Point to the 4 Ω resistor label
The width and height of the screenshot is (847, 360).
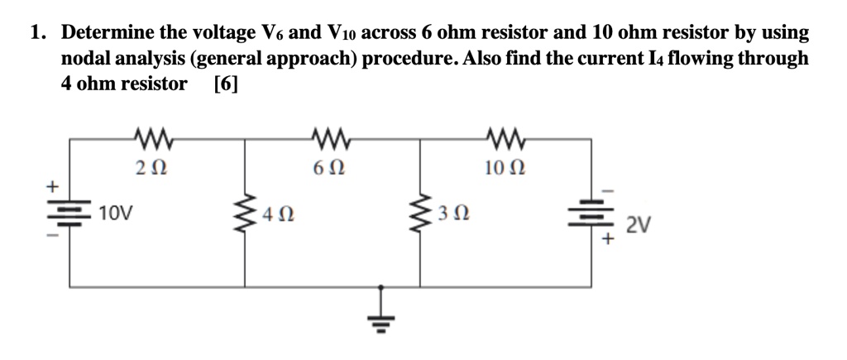[x=278, y=218]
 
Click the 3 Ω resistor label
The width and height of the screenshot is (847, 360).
[x=454, y=218]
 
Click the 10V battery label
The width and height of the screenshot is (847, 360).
[x=115, y=214]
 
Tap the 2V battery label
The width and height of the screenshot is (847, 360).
[x=639, y=225]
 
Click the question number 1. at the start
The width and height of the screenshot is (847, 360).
[x=38, y=33]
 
